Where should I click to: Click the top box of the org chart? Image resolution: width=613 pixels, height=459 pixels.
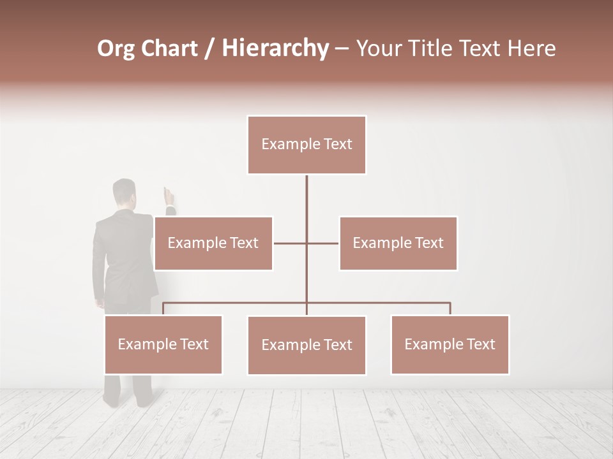point(306,145)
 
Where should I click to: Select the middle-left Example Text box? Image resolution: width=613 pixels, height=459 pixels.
point(213,243)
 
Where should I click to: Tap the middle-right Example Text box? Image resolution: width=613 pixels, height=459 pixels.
point(398,243)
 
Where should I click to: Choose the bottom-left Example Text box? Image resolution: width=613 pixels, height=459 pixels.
point(163,344)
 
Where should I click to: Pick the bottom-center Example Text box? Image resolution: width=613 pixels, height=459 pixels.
point(306,345)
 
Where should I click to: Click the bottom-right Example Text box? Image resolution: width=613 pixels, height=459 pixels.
point(450,344)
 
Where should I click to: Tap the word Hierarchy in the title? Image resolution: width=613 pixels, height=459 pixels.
point(275,48)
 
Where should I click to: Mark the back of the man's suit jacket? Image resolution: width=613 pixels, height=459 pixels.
point(121,255)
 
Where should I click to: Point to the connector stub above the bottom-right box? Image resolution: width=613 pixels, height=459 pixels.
point(450,309)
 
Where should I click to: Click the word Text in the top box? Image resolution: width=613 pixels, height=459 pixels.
point(338,145)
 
